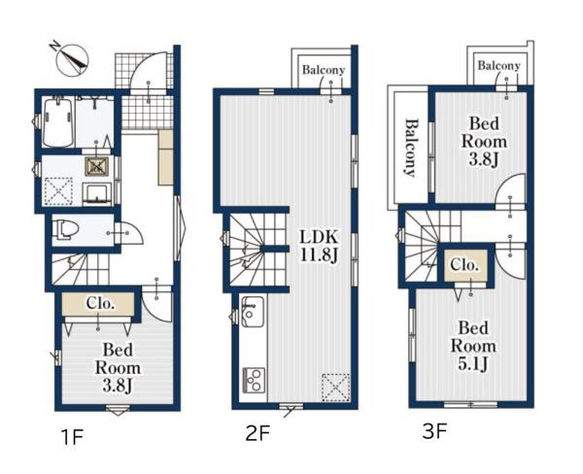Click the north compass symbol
pyautogui.click(x=71, y=59)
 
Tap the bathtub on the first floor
pyautogui.click(x=58, y=121)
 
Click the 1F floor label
pyautogui.click(x=72, y=436)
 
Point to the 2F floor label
pyautogui.click(x=257, y=433)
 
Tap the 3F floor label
pyautogui.click(x=434, y=431)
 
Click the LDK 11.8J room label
pyautogui.click(x=319, y=246)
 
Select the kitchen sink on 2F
pyautogui.click(x=253, y=312)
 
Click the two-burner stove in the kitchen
pyautogui.click(x=254, y=380)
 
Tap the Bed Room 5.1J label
pyautogui.click(x=473, y=346)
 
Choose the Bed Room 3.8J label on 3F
pyautogui.click(x=484, y=142)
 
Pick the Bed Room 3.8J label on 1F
pyautogui.click(x=118, y=368)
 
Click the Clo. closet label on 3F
pyautogui.click(x=464, y=265)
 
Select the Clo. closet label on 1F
pyautogui.click(x=100, y=304)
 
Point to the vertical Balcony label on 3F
pyautogui.click(x=410, y=148)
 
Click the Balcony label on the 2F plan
pyautogui.click(x=324, y=70)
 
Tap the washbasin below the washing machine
pyautogui.click(x=97, y=193)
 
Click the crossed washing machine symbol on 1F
pyautogui.click(x=96, y=166)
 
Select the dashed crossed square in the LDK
pyautogui.click(x=336, y=388)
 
